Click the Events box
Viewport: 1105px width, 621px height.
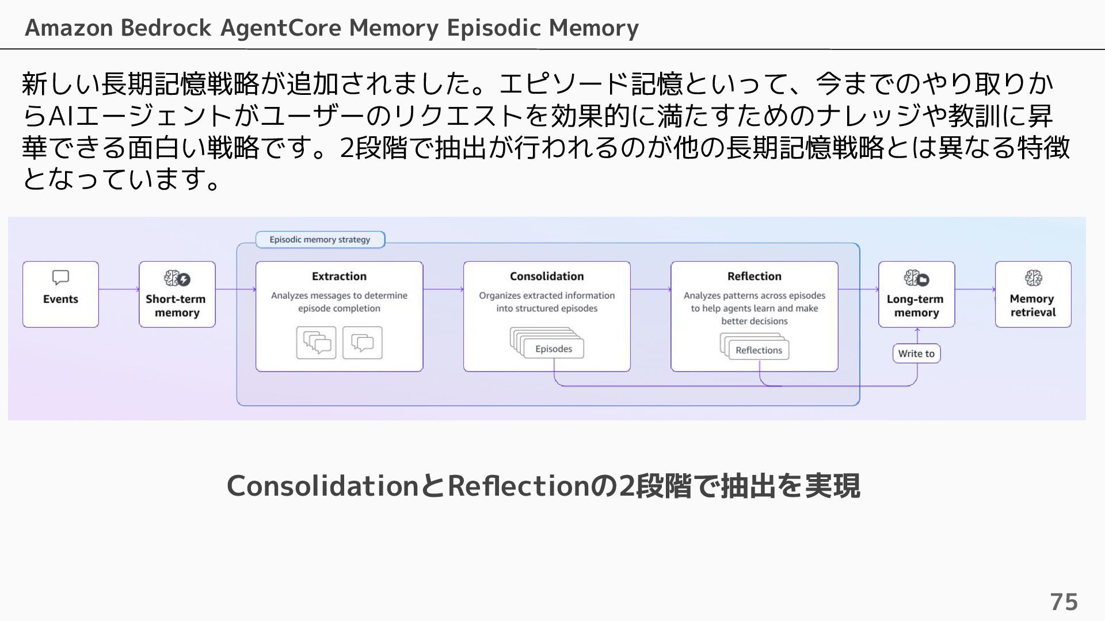coord(60,294)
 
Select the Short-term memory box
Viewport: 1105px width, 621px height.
coord(177,294)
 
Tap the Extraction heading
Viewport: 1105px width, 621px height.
coord(339,277)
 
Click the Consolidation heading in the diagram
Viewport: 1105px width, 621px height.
coord(546,277)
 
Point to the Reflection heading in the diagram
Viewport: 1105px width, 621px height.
coord(754,277)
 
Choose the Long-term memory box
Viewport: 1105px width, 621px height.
coord(916,294)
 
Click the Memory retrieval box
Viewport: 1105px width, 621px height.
coord(1032,294)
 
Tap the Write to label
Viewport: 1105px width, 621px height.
coord(916,354)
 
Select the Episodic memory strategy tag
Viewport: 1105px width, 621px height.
coord(320,240)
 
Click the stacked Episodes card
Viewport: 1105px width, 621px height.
coord(553,348)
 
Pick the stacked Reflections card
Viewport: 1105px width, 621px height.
coord(758,350)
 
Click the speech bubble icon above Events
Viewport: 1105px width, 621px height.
coord(60,278)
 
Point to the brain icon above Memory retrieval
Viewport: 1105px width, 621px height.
coord(1033,278)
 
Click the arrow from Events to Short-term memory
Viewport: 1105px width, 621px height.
coord(119,289)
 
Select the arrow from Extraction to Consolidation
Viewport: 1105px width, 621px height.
coord(443,289)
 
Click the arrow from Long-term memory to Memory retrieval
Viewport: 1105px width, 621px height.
coord(975,289)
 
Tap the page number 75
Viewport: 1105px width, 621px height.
coord(1064,602)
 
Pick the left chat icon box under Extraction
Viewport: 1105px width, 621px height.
coord(316,343)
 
